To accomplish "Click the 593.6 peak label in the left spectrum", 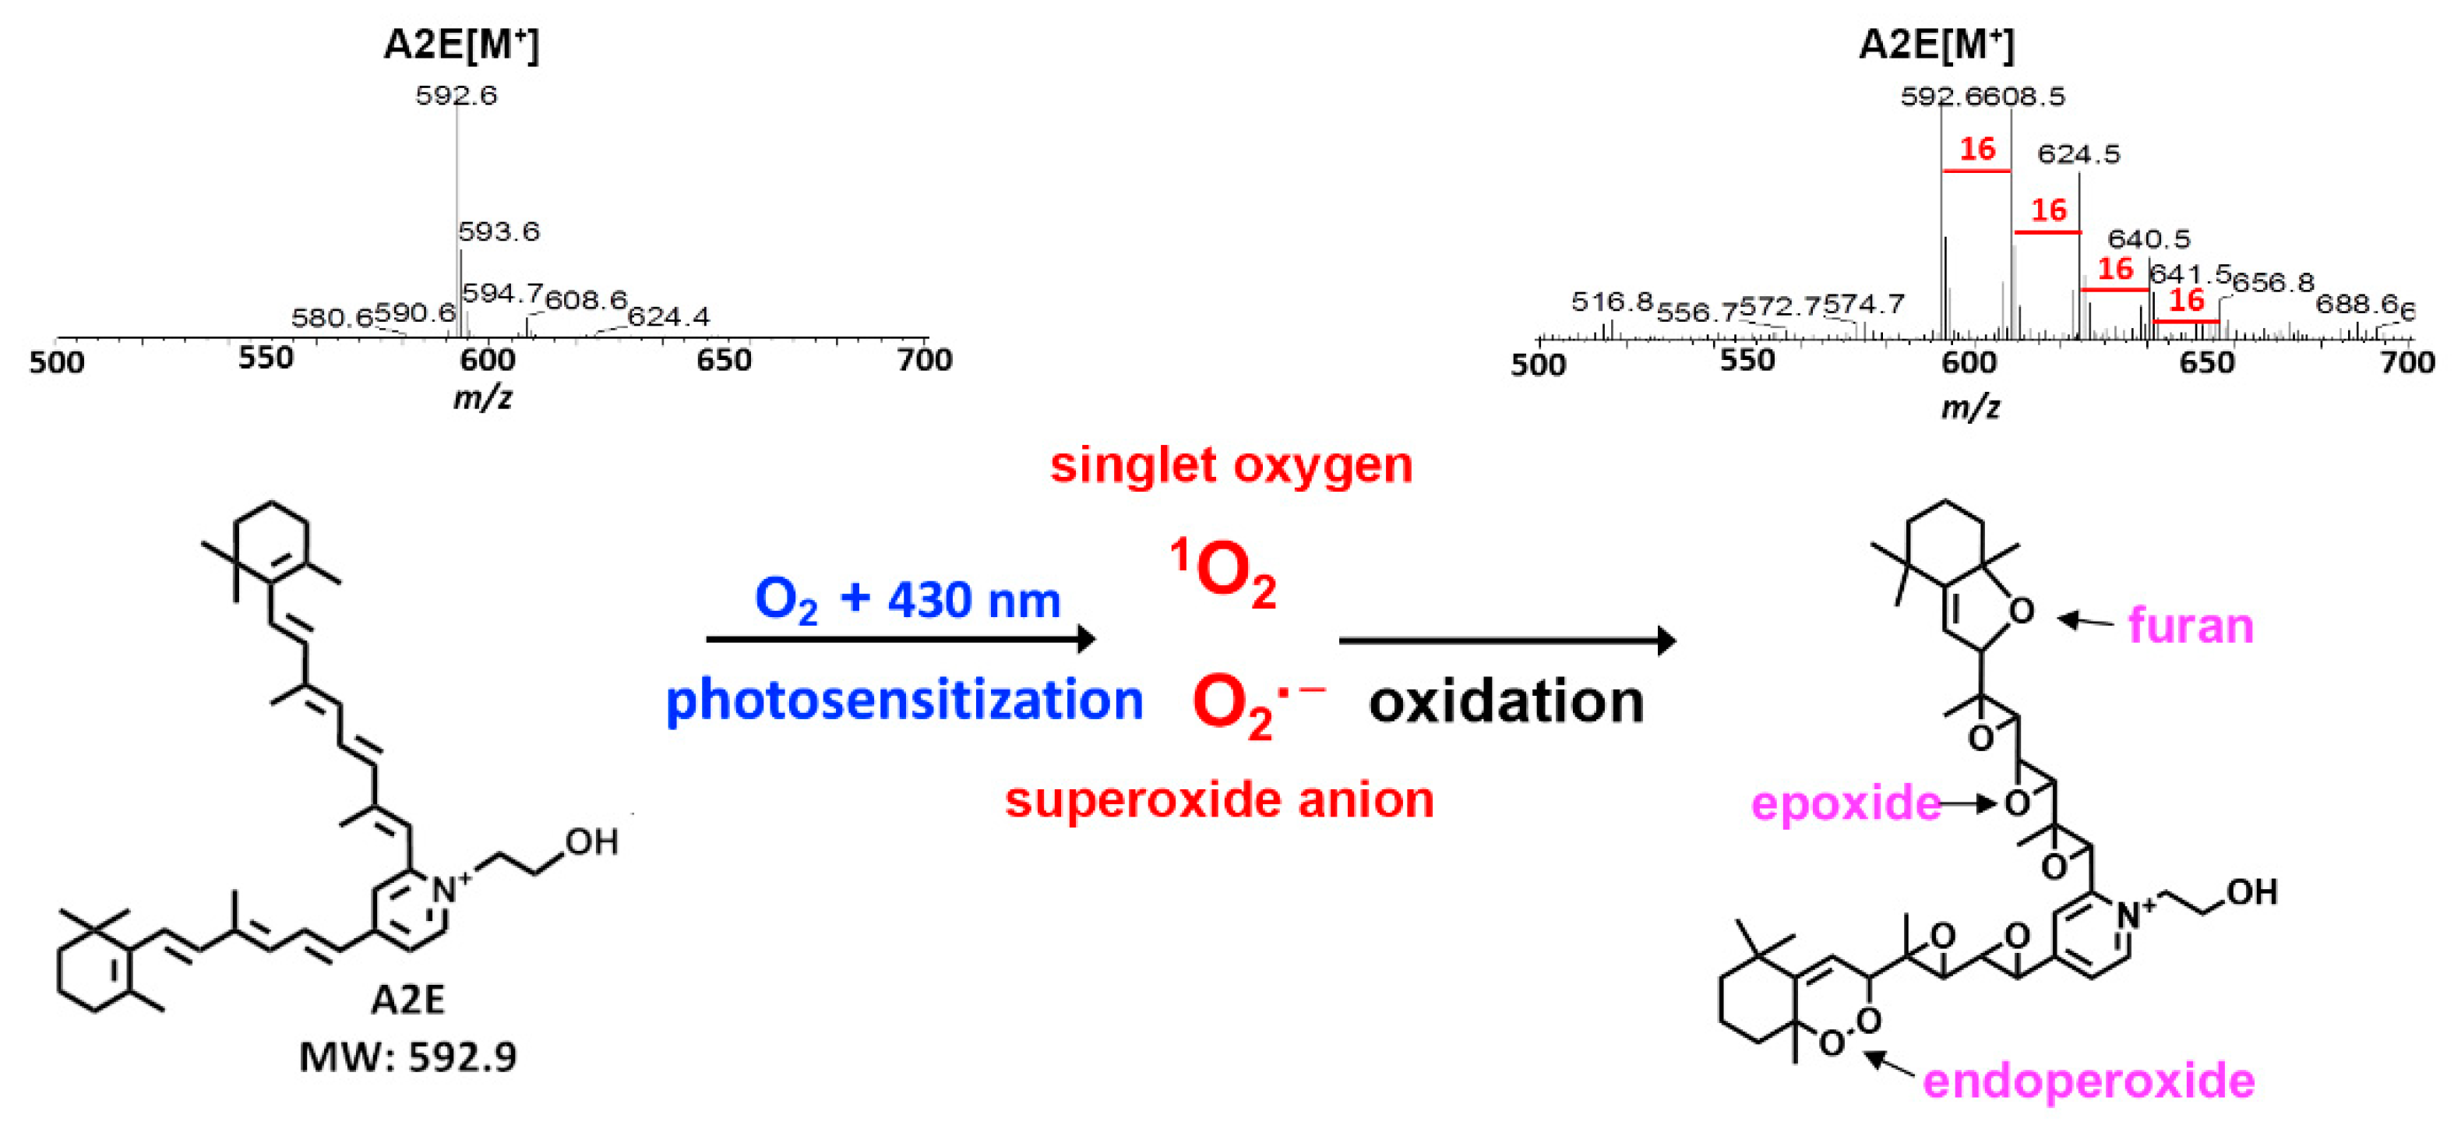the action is [499, 231].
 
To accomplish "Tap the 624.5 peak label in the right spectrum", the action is [2078, 154].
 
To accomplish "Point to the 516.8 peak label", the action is [1612, 302].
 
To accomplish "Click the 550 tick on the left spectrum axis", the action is [266, 359].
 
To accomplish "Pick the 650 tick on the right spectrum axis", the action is [2206, 363].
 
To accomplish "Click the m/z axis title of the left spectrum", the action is [482, 397].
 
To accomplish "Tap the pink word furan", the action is [2190, 626].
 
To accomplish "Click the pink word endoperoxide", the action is [2088, 1081].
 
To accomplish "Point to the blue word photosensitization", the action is [904, 700].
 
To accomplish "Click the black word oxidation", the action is [1506, 702].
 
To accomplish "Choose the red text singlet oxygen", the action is [1231, 465].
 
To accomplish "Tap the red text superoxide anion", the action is [1219, 799].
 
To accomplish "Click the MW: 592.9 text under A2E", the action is [407, 1057].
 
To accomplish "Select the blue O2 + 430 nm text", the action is [907, 600].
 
